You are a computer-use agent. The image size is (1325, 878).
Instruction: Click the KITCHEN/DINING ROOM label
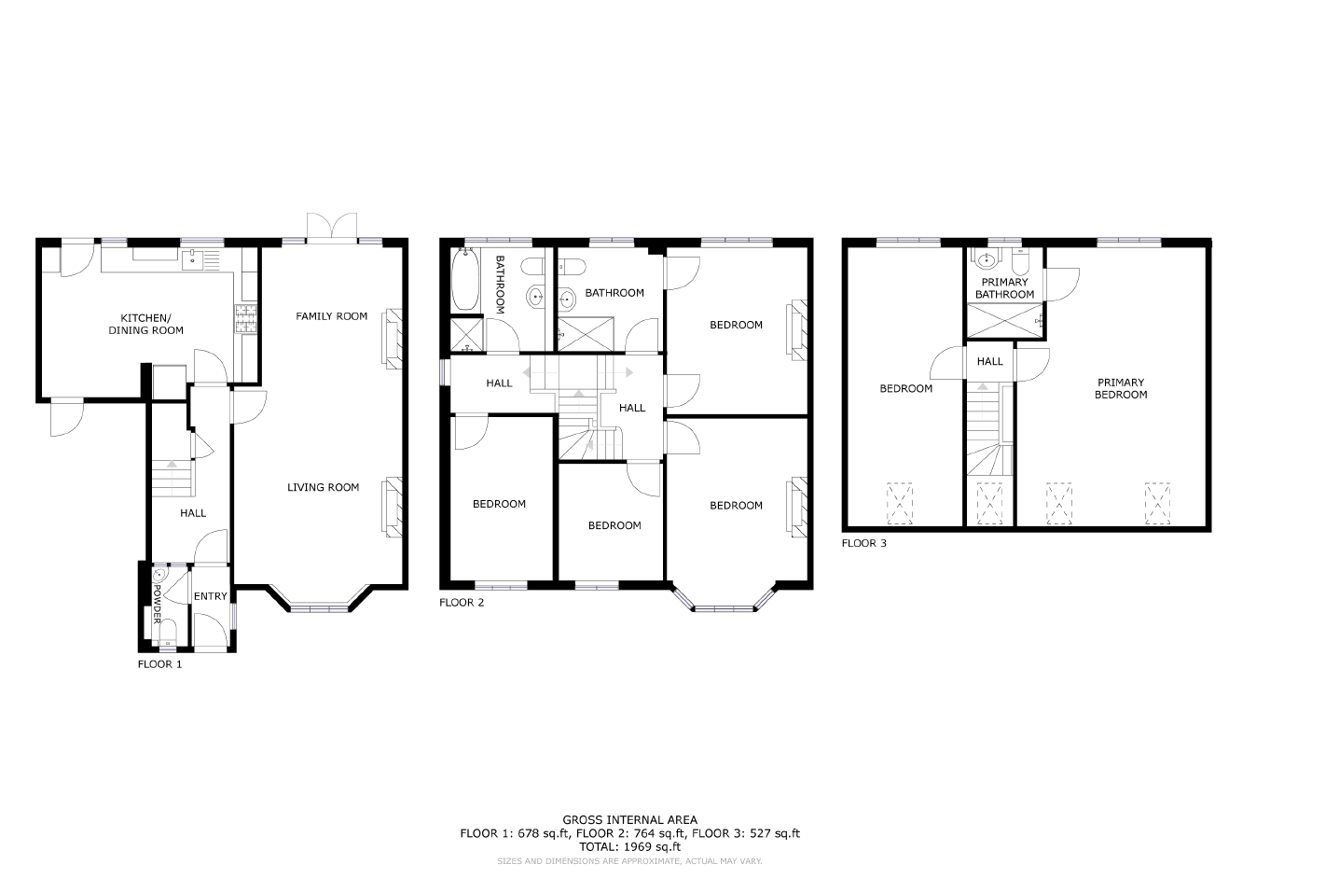click(x=145, y=325)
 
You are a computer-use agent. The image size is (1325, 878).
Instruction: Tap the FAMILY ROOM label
click(x=331, y=316)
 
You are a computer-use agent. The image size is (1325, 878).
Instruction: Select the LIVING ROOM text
click(x=323, y=487)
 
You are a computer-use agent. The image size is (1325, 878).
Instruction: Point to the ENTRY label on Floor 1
click(x=211, y=596)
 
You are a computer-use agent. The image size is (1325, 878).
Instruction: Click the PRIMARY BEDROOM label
click(x=1121, y=388)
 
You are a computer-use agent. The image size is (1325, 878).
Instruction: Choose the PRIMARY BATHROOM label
click(x=1004, y=288)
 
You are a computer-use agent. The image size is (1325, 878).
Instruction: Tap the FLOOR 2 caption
click(x=462, y=603)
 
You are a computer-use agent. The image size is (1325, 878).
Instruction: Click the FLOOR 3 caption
click(x=864, y=543)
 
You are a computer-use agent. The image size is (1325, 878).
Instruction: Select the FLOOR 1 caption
click(x=159, y=664)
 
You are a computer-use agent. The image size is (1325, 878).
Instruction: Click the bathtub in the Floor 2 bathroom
click(x=465, y=279)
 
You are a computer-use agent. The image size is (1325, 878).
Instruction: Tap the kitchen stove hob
click(x=245, y=319)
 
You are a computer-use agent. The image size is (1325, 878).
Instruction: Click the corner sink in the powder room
click(x=160, y=575)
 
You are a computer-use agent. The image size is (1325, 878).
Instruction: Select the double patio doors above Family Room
click(x=332, y=229)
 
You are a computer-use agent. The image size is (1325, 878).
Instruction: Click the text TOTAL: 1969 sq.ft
click(x=629, y=846)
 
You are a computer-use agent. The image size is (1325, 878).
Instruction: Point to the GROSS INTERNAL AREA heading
click(x=629, y=820)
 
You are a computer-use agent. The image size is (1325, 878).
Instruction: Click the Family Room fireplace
click(x=393, y=339)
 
